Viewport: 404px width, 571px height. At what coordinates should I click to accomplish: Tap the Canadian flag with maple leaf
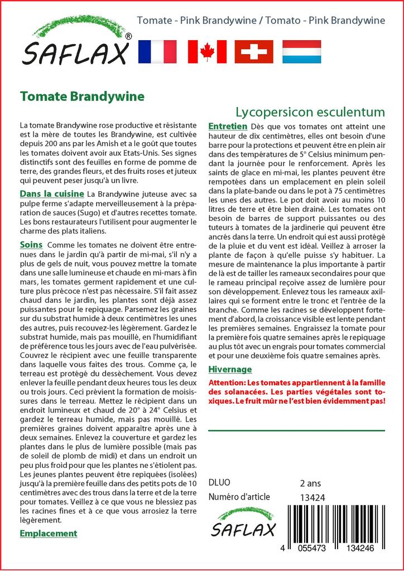tap(207, 51)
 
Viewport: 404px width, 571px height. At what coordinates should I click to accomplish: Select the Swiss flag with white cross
tap(254, 51)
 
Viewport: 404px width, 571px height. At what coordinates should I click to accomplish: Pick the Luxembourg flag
tap(301, 51)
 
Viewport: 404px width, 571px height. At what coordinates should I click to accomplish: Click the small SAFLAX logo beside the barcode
tap(242, 523)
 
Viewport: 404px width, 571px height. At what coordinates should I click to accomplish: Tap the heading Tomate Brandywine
tap(82, 96)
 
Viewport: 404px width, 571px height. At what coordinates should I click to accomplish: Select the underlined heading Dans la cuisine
tap(51, 193)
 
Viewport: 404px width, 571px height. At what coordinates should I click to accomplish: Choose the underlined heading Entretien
tap(227, 127)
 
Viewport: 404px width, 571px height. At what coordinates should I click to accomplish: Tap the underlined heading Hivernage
tap(229, 369)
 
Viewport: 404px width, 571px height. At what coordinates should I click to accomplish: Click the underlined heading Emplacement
tap(48, 533)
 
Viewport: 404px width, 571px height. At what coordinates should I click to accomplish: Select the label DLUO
tap(219, 483)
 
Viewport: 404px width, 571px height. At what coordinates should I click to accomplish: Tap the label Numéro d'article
tap(239, 497)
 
